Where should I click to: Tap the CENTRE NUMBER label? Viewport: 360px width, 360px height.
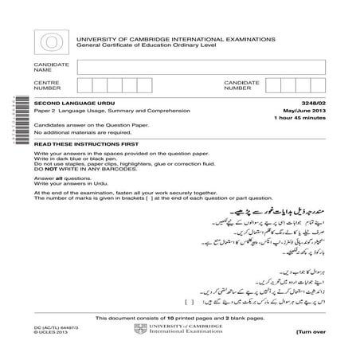[45, 85]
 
